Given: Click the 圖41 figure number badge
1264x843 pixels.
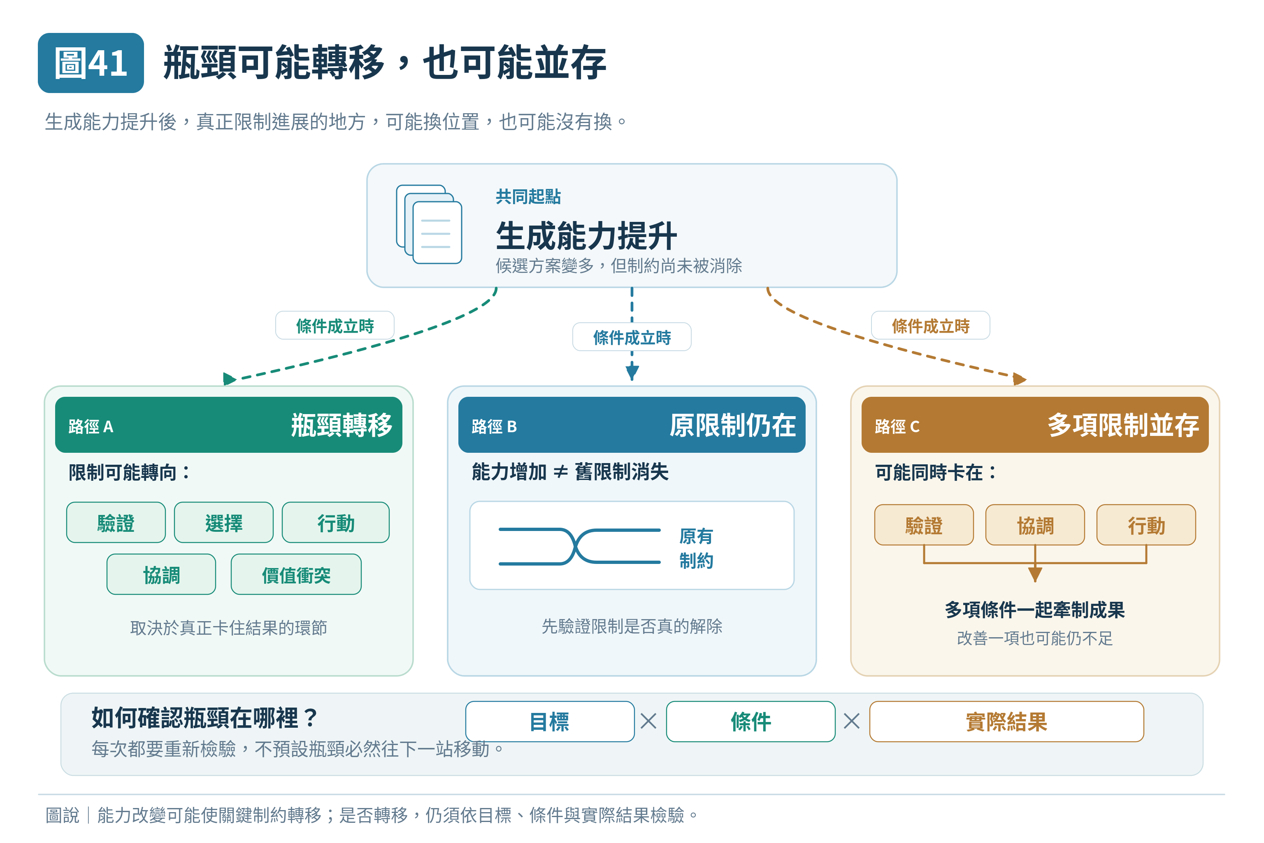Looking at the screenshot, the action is (91, 63).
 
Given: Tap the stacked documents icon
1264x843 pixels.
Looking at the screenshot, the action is (429, 224).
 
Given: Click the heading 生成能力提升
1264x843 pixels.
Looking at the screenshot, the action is (586, 235).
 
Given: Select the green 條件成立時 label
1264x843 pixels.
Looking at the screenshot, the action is (335, 325).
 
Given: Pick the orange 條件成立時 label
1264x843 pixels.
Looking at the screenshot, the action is (930, 325).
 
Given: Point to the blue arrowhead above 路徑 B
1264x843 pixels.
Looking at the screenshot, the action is (632, 372).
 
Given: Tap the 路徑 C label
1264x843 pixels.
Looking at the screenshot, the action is (897, 427).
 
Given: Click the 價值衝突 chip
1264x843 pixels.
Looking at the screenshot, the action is (296, 574).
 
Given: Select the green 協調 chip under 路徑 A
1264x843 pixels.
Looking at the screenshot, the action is (161, 574).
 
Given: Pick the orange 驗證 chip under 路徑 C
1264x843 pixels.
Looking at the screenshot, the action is (924, 525).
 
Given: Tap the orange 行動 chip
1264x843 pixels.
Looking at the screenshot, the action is (1146, 525).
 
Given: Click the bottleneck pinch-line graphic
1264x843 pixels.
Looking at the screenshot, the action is (579, 546).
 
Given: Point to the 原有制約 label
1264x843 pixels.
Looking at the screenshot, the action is (696, 548).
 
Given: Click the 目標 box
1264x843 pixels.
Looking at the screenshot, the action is (550, 722).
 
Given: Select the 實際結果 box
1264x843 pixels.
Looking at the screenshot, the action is (1006, 722).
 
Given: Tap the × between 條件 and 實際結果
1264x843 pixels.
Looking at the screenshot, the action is (852, 721).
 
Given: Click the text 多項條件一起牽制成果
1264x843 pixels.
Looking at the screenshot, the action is (1034, 610).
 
